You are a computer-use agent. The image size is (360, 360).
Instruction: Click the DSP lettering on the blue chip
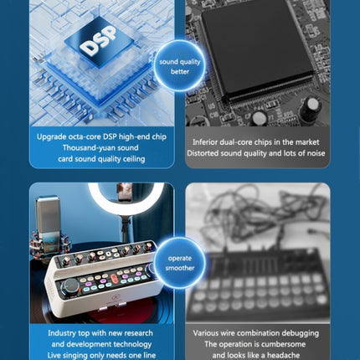pos(98,41)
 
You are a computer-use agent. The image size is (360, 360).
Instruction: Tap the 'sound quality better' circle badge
pos(180,66)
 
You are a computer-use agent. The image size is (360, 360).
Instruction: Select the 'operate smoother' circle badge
pos(180,263)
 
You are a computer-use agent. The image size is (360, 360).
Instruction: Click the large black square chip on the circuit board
pos(257,48)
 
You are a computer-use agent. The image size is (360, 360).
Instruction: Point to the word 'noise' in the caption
pos(316,153)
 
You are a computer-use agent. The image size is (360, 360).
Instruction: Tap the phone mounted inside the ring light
pos(125,192)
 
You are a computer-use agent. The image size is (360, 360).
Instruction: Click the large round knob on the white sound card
pos(70,286)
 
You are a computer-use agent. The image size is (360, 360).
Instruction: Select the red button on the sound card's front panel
pos(114,278)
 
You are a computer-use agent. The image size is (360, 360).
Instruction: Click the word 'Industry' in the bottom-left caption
pos(61,333)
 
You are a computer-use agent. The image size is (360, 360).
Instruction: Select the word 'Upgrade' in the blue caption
pos(49,137)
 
